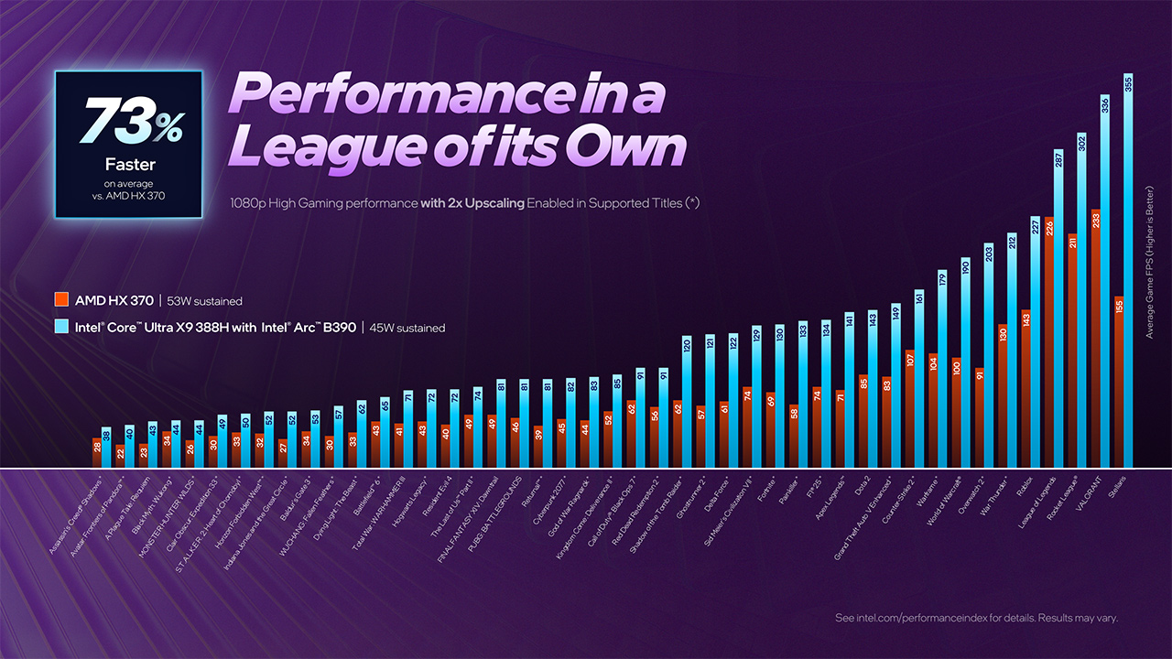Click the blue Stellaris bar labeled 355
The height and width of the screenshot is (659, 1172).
1129,275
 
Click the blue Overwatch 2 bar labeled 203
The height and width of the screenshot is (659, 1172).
989,357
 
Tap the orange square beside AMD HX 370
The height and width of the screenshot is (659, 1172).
62,300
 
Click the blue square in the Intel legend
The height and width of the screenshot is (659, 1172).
62,327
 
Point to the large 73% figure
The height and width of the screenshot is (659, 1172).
128,122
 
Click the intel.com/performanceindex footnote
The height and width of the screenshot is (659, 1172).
976,619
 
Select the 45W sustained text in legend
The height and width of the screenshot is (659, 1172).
407,328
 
